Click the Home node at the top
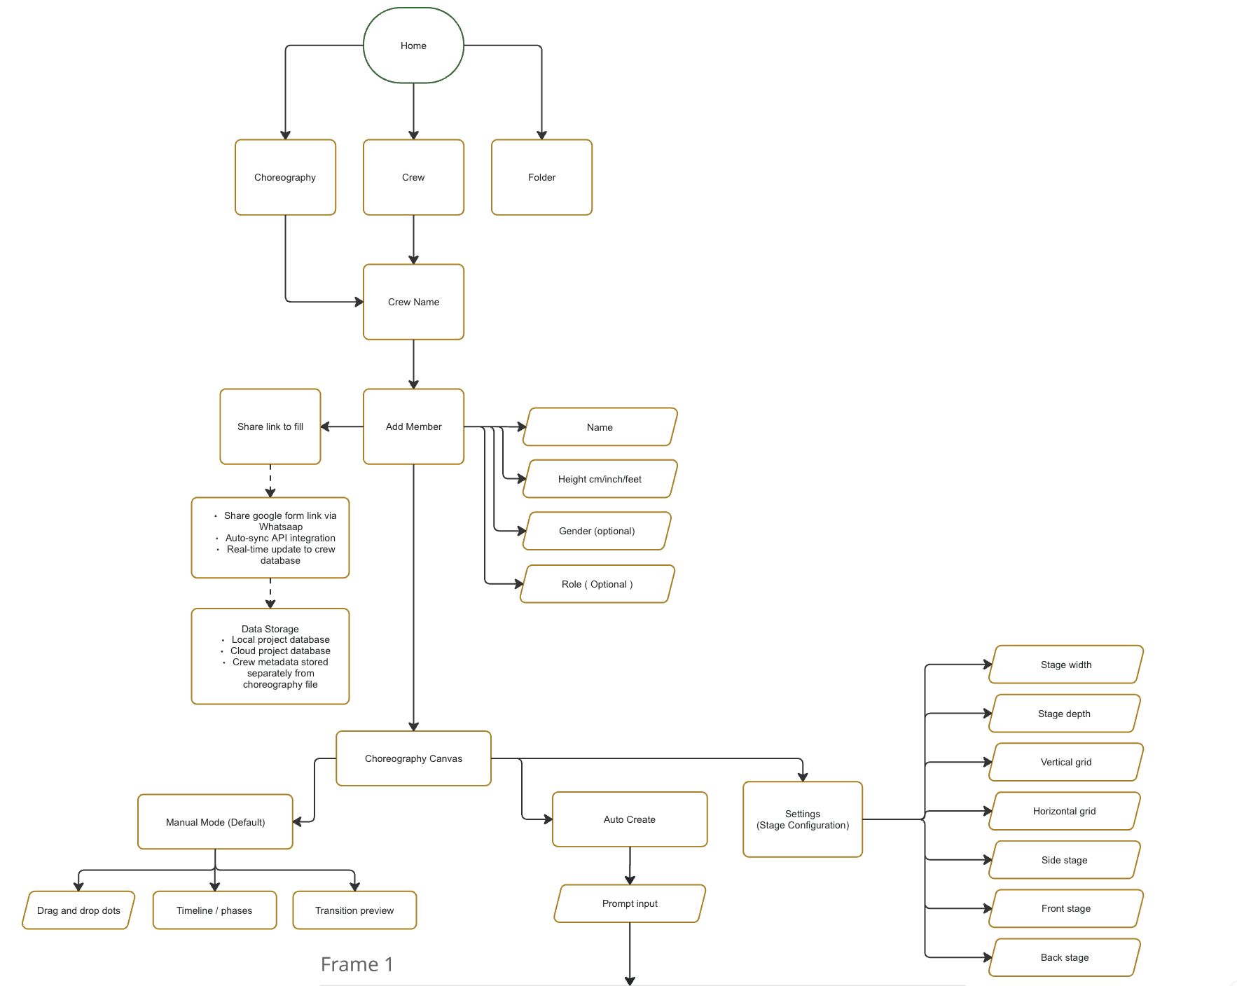(413, 46)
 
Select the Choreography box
(285, 177)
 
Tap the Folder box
(541, 177)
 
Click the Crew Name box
(413, 302)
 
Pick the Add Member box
(413, 426)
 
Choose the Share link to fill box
(270, 426)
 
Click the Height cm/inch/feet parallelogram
(600, 479)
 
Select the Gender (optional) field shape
(597, 531)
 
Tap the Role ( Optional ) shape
(597, 584)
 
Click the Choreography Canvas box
(413, 758)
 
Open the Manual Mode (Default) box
(215, 822)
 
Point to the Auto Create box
(630, 819)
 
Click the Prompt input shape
(630, 903)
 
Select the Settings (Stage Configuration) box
(803, 819)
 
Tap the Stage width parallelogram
(1066, 665)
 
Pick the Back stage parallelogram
(1065, 957)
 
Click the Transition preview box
(354, 910)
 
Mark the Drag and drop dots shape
(78, 910)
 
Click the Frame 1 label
(357, 964)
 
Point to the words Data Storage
(270, 629)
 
